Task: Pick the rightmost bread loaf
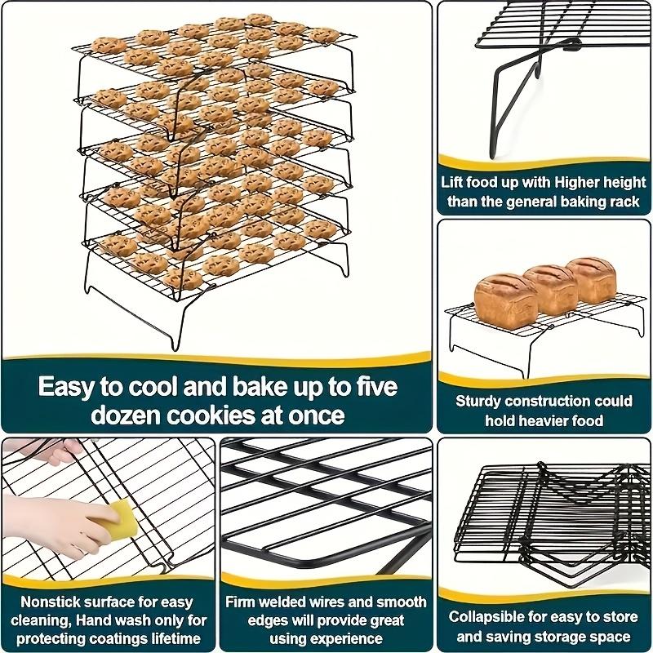coord(592,278)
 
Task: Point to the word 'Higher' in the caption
coord(567,181)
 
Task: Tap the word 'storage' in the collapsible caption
coord(566,637)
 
